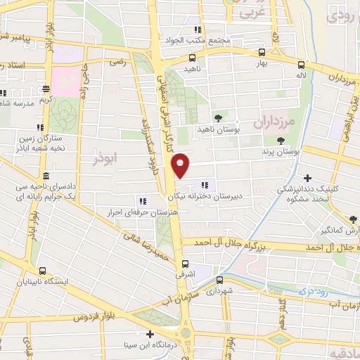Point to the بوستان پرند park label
[x=281, y=151]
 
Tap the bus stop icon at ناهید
[x=192, y=59]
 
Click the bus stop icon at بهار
[x=262, y=52]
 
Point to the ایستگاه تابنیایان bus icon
[x=43, y=270]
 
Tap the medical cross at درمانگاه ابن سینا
[x=149, y=334]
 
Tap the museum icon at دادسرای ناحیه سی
[x=46, y=175]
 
